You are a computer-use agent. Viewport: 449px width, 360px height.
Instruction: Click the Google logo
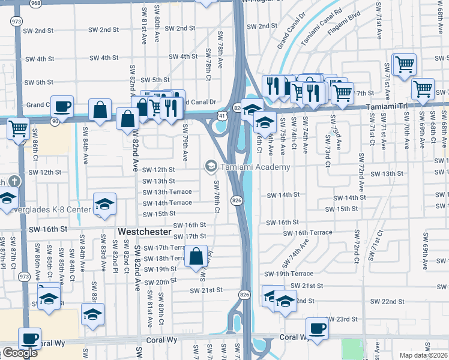(19, 353)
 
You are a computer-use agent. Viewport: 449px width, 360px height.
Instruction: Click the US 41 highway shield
(222, 114)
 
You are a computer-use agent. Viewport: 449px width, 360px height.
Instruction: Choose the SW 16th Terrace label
(307, 233)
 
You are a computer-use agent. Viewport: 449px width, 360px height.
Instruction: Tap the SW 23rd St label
(342, 319)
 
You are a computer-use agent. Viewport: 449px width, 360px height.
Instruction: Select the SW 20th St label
(158, 281)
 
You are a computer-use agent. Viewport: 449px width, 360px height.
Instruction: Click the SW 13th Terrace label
(167, 192)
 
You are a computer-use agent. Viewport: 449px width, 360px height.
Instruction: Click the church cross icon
(15, 181)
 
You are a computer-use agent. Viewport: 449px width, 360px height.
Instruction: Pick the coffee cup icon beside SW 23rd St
(317, 328)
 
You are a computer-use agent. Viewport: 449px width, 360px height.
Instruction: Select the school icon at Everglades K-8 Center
(104, 204)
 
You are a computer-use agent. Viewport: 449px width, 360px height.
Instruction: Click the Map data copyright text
(424, 355)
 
